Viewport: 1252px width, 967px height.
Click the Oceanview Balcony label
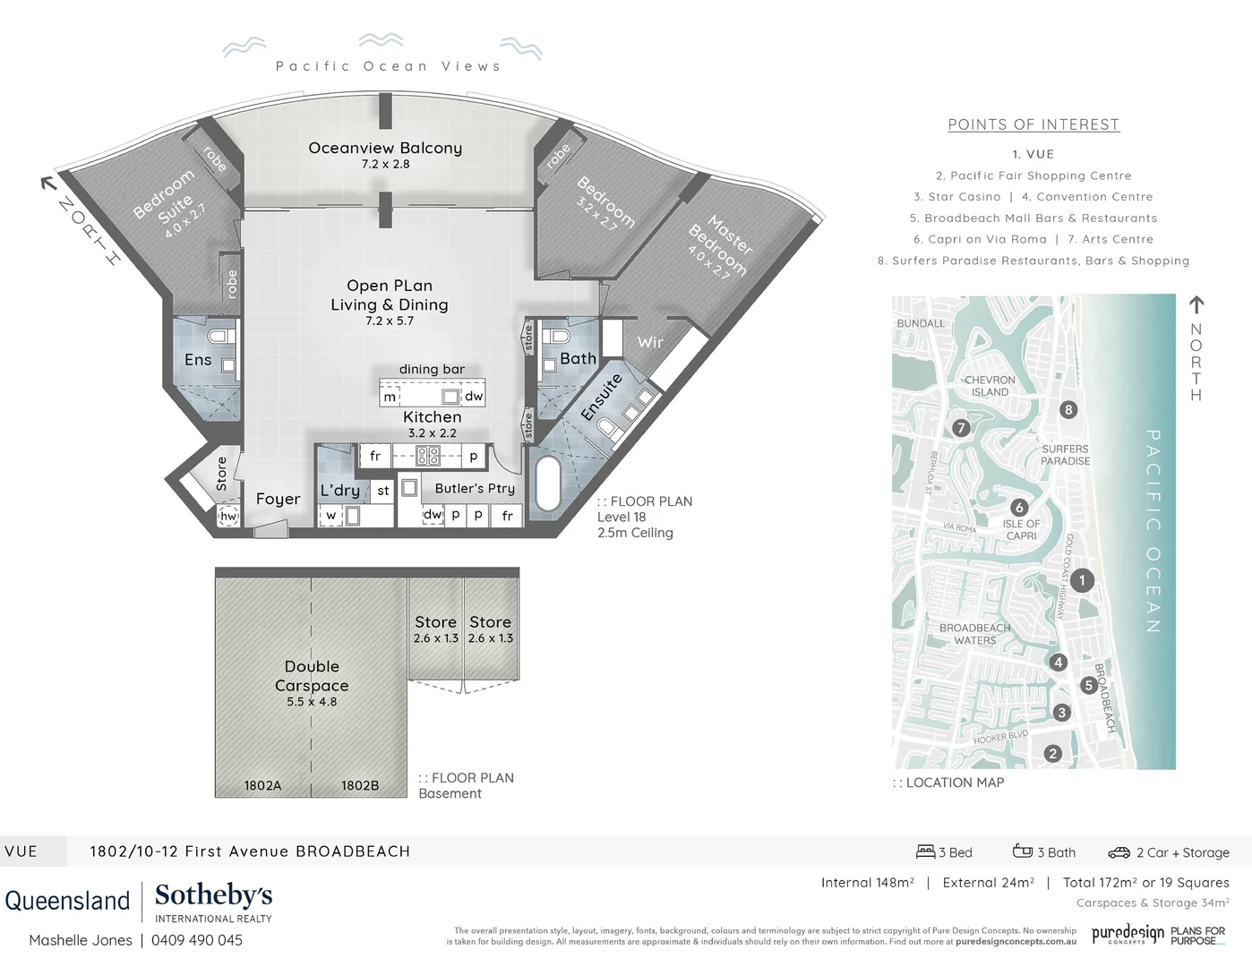[x=385, y=149]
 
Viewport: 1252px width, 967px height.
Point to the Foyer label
[x=278, y=500]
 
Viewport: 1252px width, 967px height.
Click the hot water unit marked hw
[x=228, y=517]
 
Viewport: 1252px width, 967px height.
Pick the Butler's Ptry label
[x=475, y=488]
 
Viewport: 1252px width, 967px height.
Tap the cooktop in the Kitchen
[x=428, y=456]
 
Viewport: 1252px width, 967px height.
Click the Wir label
[x=650, y=342]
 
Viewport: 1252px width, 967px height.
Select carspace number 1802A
[x=262, y=785]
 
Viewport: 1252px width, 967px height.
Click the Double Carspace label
[x=312, y=676]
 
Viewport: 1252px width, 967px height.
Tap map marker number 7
[x=961, y=428]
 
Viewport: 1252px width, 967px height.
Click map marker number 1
[x=1082, y=580]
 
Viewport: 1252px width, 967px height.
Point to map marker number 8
[x=1068, y=410]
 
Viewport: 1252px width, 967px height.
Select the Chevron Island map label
[x=990, y=386]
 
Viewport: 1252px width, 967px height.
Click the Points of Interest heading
[x=1033, y=124]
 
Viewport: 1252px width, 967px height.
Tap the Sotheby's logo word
[x=213, y=894]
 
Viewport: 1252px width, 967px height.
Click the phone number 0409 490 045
[x=197, y=940]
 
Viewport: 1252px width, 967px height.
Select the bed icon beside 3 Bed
[x=925, y=851]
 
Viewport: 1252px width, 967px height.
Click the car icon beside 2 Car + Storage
[x=1119, y=852]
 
